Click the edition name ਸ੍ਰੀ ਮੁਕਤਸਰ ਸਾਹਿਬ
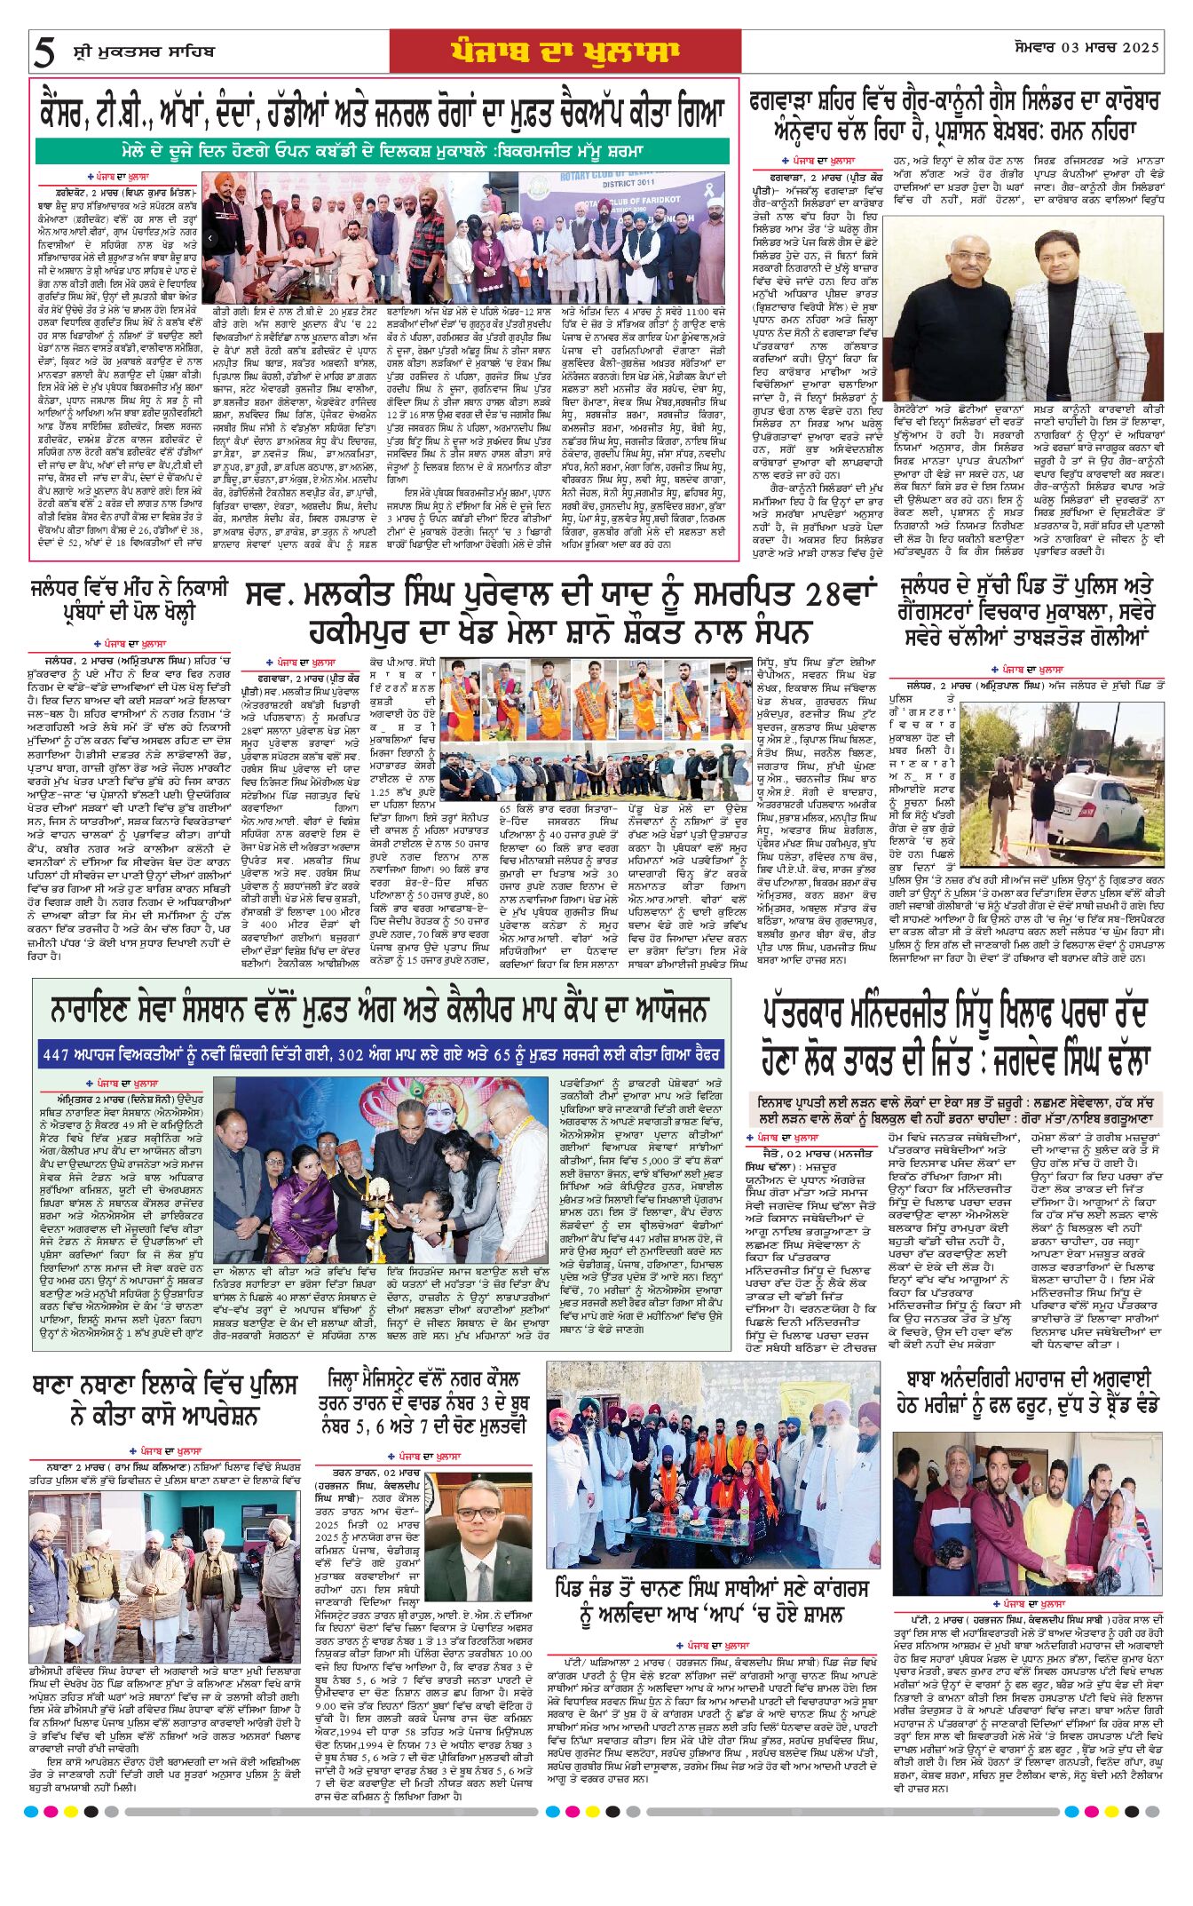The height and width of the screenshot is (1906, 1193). (x=143, y=52)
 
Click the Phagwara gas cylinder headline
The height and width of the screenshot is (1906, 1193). (x=954, y=115)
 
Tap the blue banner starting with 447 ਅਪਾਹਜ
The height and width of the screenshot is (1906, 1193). (x=381, y=1056)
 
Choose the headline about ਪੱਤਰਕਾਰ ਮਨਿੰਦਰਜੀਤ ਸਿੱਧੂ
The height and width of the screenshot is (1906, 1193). (x=956, y=1036)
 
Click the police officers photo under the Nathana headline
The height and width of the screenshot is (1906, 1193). (x=164, y=1547)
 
